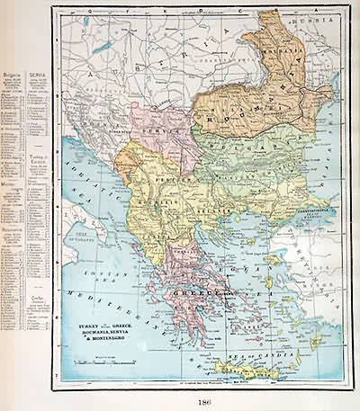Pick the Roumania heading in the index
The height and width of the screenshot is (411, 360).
(13, 229)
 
